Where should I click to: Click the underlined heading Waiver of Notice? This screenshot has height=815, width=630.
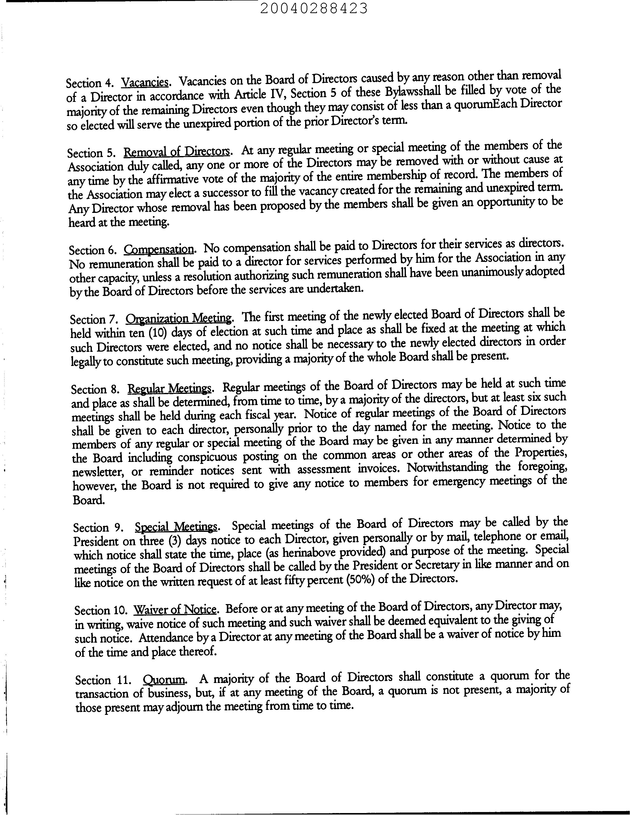click(175, 609)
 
